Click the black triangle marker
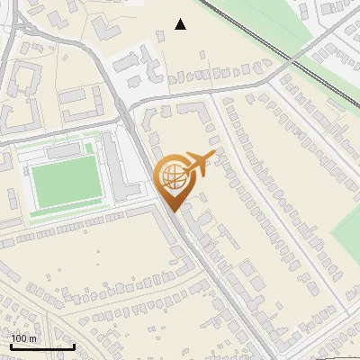point(181,24)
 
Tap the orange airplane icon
point(196,166)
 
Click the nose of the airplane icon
point(212,156)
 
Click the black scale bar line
point(41,346)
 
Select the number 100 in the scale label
point(20,338)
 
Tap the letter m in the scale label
point(33,338)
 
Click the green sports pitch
point(67,181)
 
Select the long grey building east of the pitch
point(113,166)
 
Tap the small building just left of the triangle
point(160,35)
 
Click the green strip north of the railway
point(270,22)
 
